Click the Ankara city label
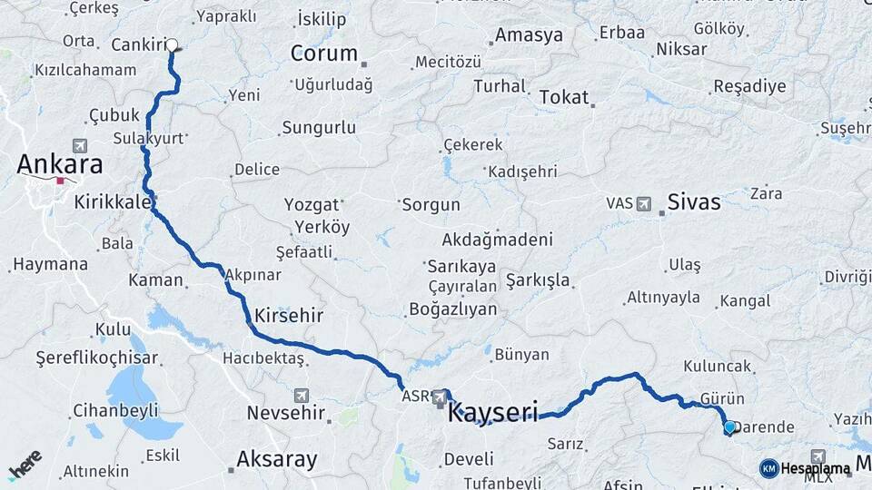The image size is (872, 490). pyautogui.click(x=60, y=164)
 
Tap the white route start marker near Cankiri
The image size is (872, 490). pyautogui.click(x=171, y=44)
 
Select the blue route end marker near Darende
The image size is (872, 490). pyautogui.click(x=728, y=426)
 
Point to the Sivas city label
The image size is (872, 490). pyautogui.click(x=694, y=201)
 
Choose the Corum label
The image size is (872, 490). pyautogui.click(x=323, y=54)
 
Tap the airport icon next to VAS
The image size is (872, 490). pyautogui.click(x=645, y=203)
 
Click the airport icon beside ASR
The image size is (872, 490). pyautogui.click(x=440, y=397)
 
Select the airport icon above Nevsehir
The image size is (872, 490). pyautogui.click(x=302, y=396)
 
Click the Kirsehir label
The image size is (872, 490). pyautogui.click(x=289, y=316)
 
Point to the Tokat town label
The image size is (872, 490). pyautogui.click(x=563, y=97)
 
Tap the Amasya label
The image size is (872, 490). pyautogui.click(x=530, y=36)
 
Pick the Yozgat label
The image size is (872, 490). pyautogui.click(x=311, y=204)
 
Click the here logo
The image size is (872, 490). pyautogui.click(x=25, y=465)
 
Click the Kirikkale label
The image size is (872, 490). pyautogui.click(x=113, y=201)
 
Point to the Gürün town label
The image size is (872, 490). pyautogui.click(x=722, y=398)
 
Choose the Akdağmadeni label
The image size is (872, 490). pyautogui.click(x=497, y=240)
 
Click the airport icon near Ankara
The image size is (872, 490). pyautogui.click(x=80, y=145)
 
